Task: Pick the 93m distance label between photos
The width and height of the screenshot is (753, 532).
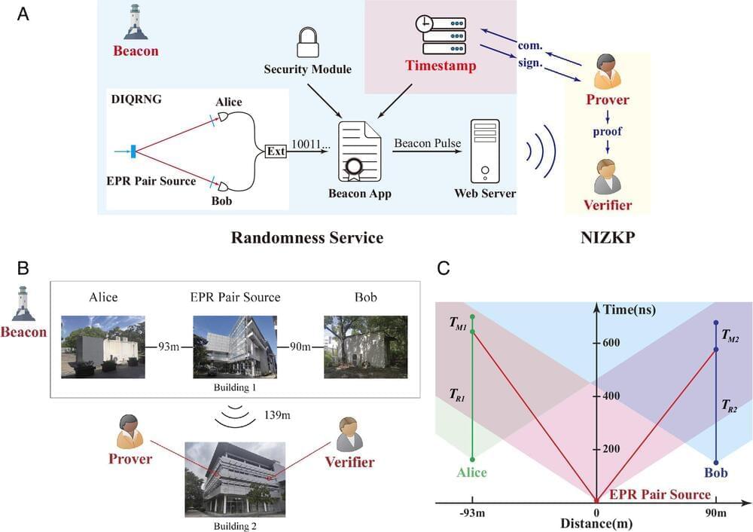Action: point(169,347)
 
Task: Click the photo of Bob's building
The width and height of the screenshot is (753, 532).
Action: point(355,346)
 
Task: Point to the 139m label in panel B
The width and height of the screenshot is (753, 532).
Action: point(279,415)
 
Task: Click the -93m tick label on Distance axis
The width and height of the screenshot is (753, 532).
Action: point(472,514)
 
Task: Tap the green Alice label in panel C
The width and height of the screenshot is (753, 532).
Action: point(471,473)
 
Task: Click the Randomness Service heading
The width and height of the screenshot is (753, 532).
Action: point(307,238)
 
